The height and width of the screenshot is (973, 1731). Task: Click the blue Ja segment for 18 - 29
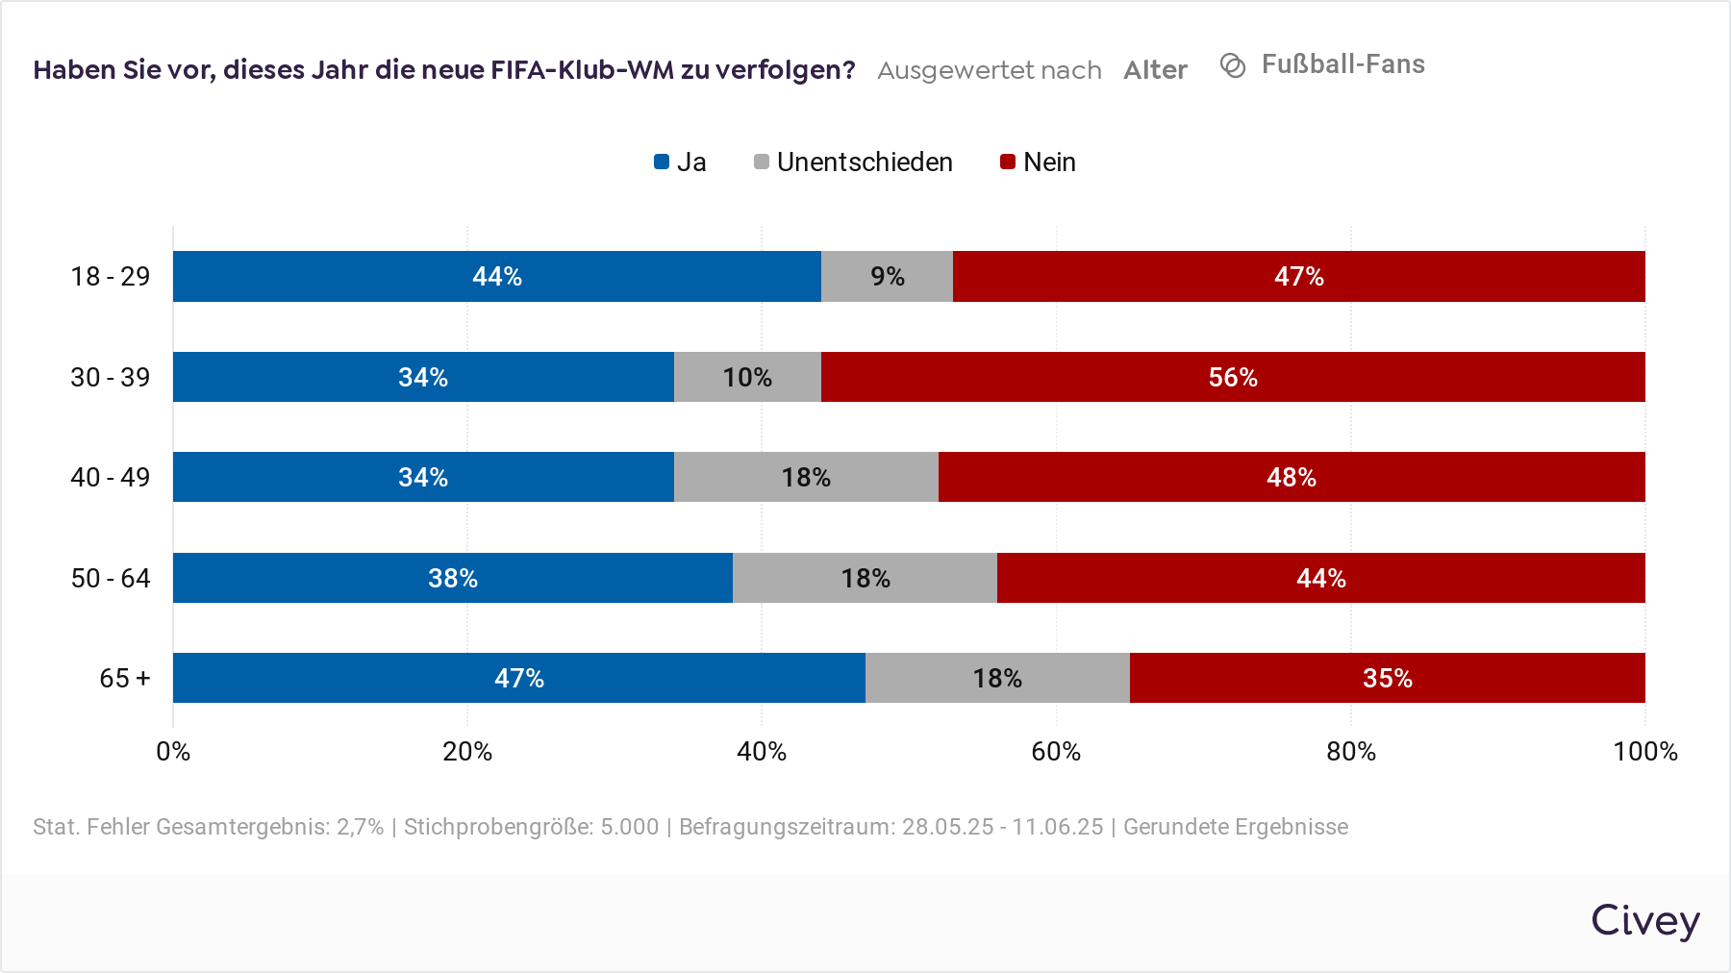496,277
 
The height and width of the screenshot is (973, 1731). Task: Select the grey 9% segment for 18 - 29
887,277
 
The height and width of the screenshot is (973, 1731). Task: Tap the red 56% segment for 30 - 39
1233,377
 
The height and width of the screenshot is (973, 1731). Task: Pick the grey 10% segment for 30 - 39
747,377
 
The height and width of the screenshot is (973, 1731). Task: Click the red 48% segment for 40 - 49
1292,477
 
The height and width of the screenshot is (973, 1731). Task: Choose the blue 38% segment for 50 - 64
452,578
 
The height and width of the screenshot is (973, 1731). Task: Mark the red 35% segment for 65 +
1387,678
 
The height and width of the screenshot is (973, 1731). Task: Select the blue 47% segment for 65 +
518,678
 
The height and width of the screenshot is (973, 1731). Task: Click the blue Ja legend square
662,162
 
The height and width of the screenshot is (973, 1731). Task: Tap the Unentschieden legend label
865,162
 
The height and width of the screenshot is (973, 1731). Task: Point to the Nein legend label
1049,162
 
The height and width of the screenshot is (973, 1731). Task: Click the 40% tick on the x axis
762,751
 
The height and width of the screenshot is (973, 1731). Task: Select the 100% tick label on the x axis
1644,751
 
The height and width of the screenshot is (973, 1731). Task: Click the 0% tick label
173,751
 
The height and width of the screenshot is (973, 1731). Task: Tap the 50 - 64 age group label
111,578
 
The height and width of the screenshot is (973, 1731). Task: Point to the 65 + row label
125,678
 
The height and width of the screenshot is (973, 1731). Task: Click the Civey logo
1644,920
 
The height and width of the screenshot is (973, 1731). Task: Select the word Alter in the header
1155,70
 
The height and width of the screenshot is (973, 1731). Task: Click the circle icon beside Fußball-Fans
1233,64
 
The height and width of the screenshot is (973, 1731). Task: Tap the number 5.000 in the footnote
629,827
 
